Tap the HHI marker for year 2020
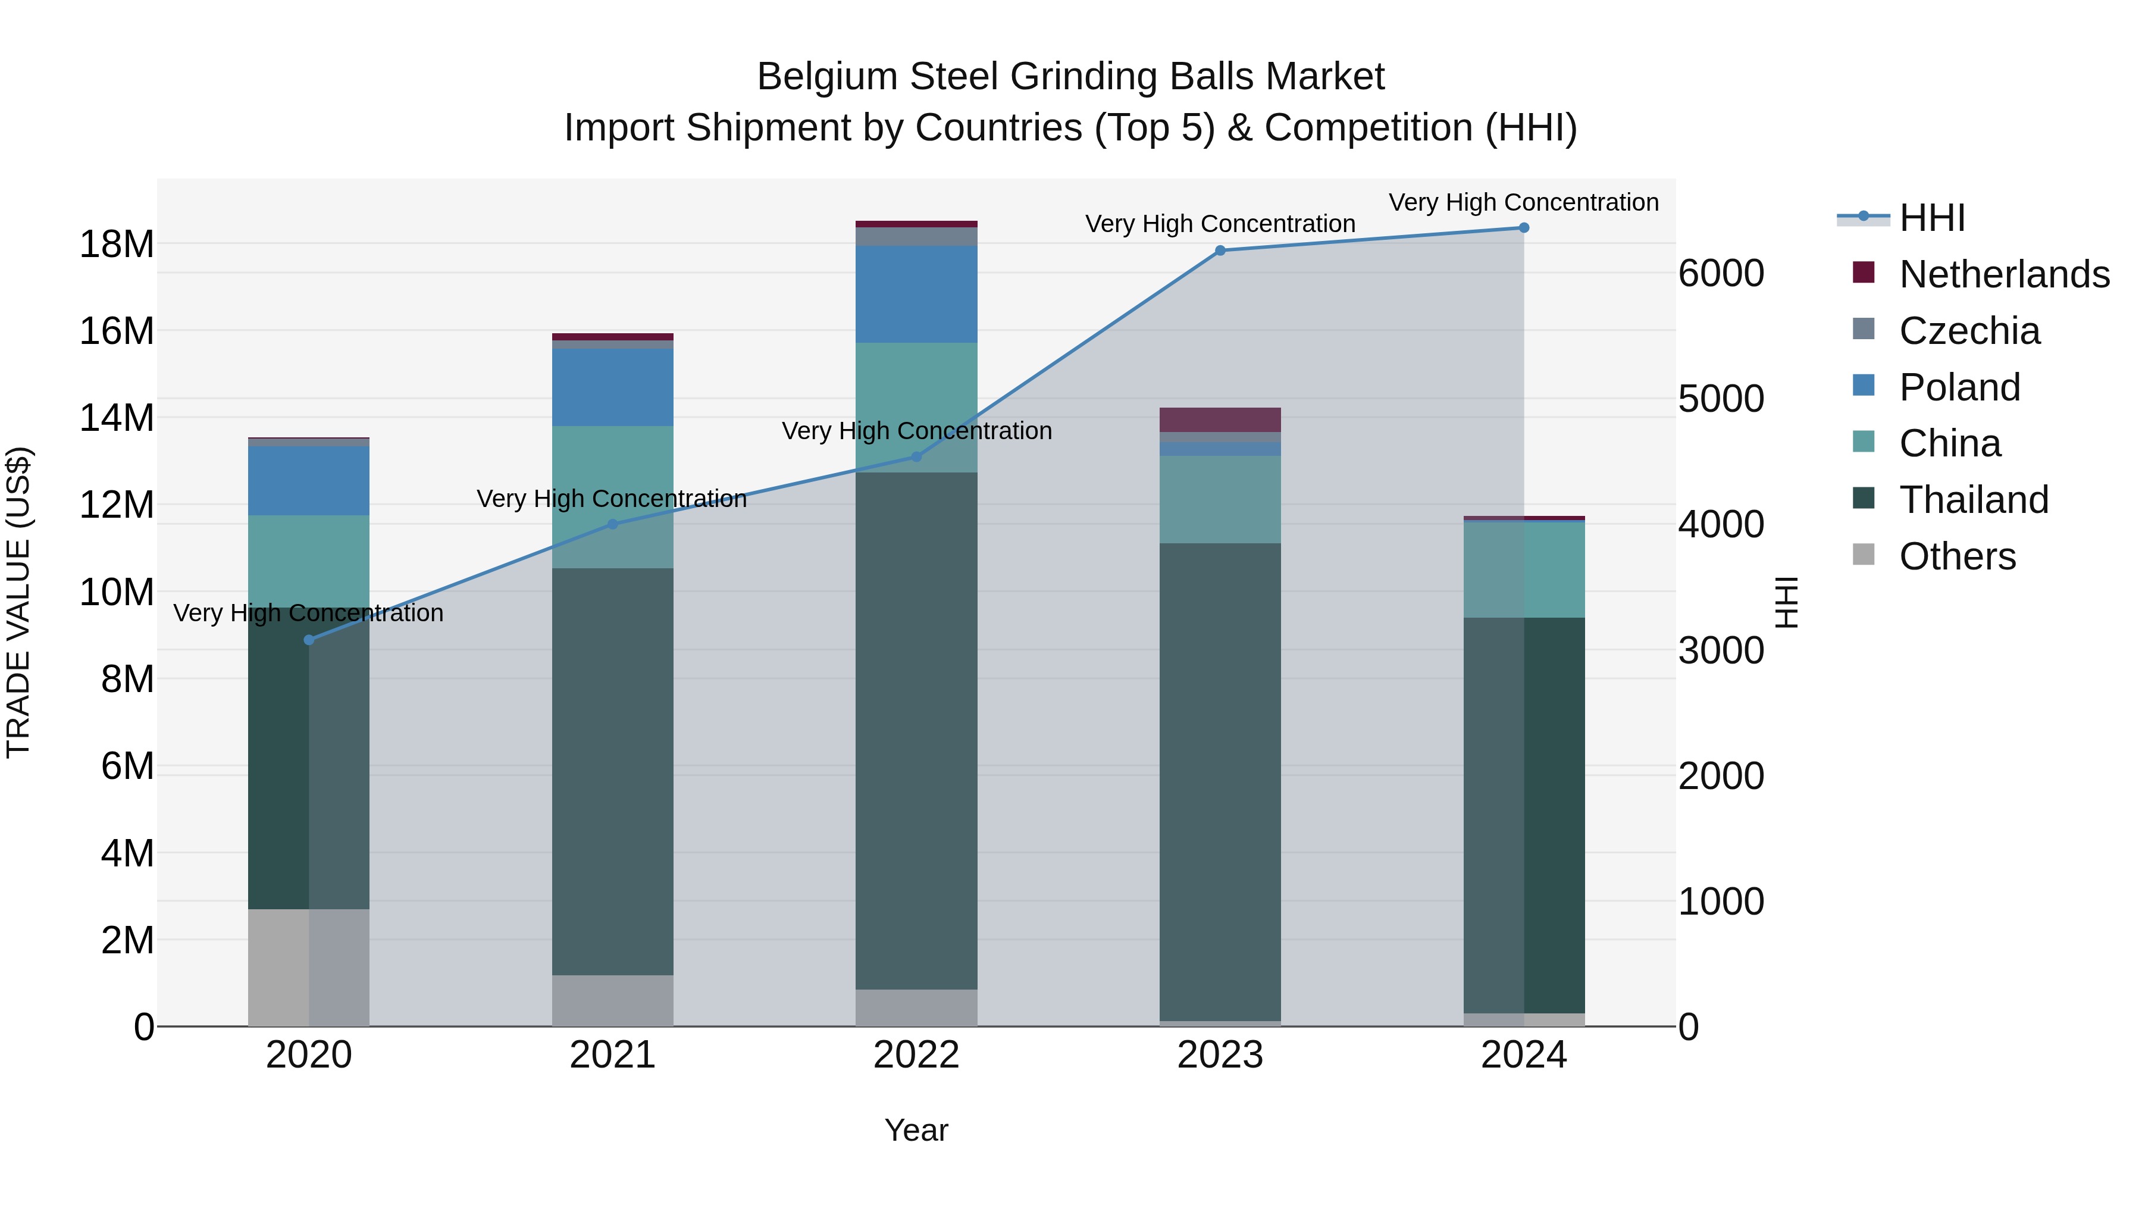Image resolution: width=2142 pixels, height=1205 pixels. click(x=308, y=640)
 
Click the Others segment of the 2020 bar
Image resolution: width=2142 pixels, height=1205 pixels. click(x=308, y=966)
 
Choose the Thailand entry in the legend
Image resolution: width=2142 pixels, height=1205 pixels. click(x=1973, y=500)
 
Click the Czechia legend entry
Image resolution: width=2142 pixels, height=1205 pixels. click(x=1968, y=331)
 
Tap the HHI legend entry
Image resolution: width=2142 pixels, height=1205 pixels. click(x=1931, y=218)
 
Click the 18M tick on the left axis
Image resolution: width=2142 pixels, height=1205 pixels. click(x=117, y=245)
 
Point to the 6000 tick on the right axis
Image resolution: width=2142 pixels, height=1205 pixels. click(x=1720, y=274)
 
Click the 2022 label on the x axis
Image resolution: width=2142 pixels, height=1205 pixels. click(x=916, y=1055)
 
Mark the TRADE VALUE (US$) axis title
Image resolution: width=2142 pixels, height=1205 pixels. click(x=18, y=602)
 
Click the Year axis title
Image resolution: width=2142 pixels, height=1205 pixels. click(x=916, y=1130)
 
